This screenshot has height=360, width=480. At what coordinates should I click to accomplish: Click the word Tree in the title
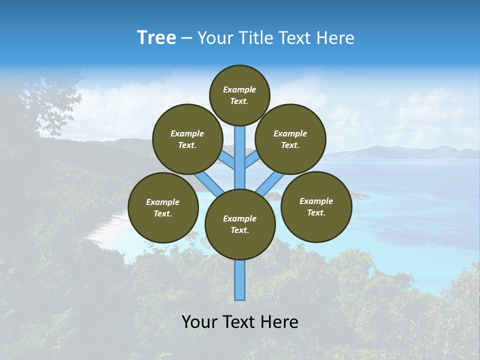click(x=156, y=38)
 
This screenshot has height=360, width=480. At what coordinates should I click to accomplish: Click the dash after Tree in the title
click(x=186, y=38)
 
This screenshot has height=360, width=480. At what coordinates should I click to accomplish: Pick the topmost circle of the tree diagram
click(x=239, y=95)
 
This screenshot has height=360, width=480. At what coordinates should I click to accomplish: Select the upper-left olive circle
click(x=187, y=139)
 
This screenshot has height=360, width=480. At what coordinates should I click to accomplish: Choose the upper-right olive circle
click(x=290, y=139)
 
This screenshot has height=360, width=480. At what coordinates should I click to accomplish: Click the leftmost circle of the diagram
click(x=163, y=208)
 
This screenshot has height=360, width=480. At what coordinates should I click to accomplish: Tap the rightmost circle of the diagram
click(x=316, y=207)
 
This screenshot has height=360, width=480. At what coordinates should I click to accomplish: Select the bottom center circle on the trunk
click(x=240, y=224)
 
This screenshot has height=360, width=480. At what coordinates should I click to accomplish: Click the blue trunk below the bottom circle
click(x=240, y=280)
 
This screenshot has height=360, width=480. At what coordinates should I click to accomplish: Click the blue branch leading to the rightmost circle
click(x=270, y=183)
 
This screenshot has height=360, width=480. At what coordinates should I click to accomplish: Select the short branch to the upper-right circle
click(x=252, y=160)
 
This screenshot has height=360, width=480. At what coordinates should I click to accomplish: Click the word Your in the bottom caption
click(x=198, y=322)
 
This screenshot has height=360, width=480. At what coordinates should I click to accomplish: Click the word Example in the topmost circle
click(x=239, y=90)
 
